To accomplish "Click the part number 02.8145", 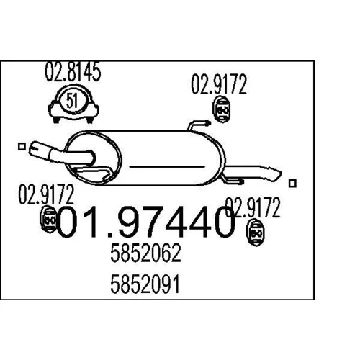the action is click(73, 72).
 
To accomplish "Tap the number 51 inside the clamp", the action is click(72, 101).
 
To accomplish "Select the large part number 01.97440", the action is click(145, 222).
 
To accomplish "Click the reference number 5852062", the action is click(145, 253).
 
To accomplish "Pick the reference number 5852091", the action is click(145, 284).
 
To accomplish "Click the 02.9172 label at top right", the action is click(219, 84).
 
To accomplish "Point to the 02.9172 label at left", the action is click(46, 194).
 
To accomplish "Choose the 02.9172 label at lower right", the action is click(253, 208).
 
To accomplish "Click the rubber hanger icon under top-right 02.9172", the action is click(221, 109).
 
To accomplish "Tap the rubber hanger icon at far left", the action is click(48, 219).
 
